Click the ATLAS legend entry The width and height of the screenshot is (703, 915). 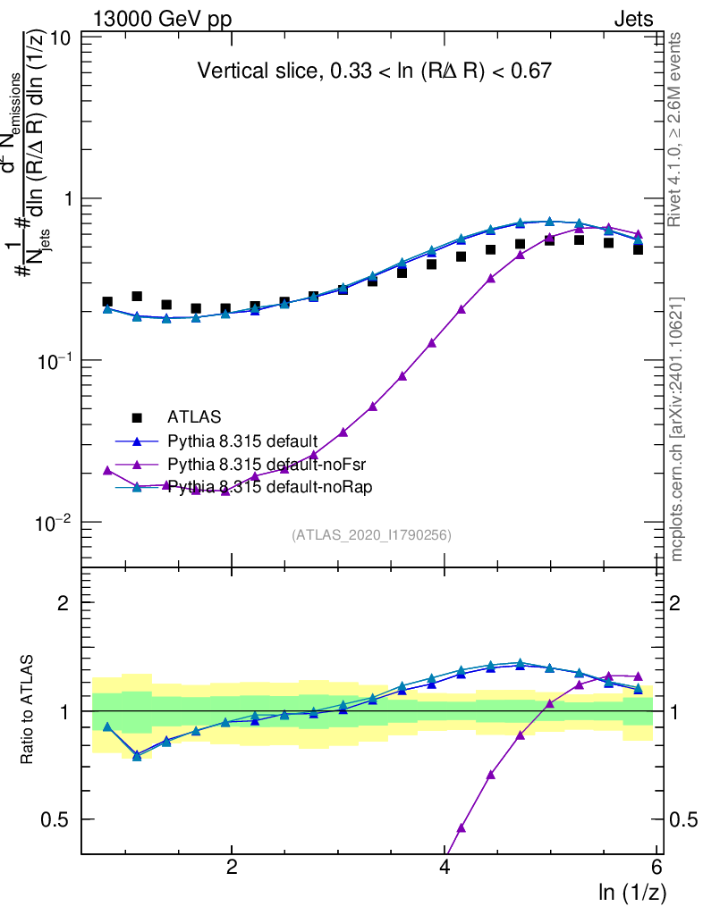point(192,416)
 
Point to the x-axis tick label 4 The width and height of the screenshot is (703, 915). point(445,868)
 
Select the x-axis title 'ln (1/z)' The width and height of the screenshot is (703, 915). point(632,892)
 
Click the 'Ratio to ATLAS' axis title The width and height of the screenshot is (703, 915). point(28,710)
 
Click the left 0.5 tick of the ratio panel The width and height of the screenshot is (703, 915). point(59,819)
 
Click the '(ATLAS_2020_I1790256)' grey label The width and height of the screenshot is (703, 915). point(370,535)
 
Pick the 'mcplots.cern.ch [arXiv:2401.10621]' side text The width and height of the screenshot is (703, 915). point(677,429)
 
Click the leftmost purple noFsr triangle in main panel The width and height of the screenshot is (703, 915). point(107,470)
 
